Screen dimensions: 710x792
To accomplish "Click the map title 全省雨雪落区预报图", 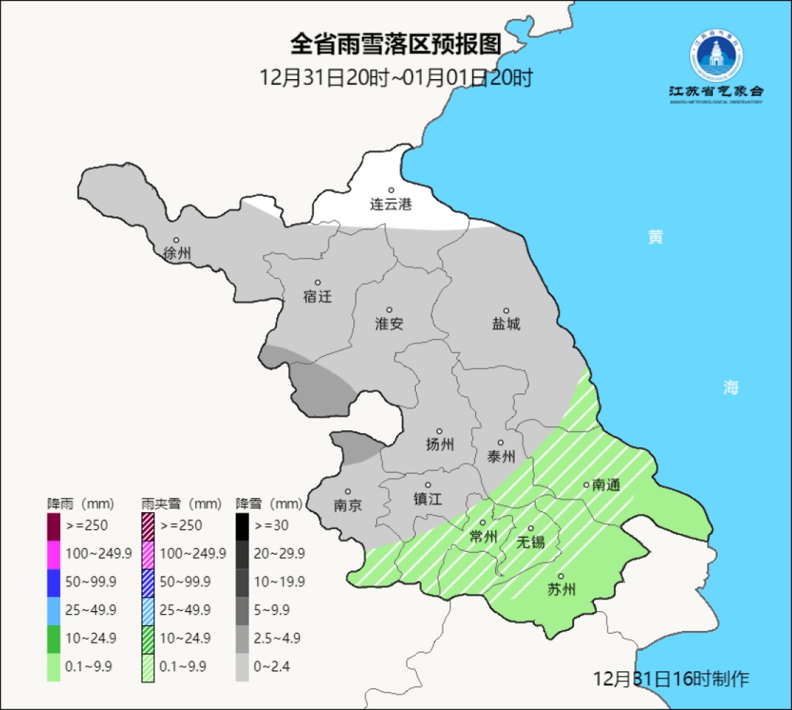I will (x=395, y=45).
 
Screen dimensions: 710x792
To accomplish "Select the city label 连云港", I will (x=390, y=204).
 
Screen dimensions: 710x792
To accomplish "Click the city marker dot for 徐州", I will (x=176, y=240).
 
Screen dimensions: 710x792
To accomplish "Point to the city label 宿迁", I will (x=317, y=297).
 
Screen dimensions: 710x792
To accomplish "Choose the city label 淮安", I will (x=389, y=324).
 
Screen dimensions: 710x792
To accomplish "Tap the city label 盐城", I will (x=505, y=324).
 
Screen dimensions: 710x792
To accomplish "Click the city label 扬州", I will (x=439, y=444).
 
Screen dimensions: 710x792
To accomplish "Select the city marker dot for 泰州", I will (x=500, y=443).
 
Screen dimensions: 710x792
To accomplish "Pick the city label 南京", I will (x=347, y=506).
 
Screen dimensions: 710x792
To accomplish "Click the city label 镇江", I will (x=428, y=498).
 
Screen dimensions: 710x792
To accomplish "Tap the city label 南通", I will (x=606, y=484).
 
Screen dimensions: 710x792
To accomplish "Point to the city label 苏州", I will (x=561, y=589).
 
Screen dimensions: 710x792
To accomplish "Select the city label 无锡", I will (x=530, y=541).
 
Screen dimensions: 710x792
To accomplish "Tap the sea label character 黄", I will (x=655, y=237).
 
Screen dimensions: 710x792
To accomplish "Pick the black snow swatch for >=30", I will (x=242, y=525).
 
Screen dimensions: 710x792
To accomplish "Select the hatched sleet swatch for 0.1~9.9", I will (x=147, y=666).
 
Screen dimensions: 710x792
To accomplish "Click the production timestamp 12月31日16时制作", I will (x=671, y=678).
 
